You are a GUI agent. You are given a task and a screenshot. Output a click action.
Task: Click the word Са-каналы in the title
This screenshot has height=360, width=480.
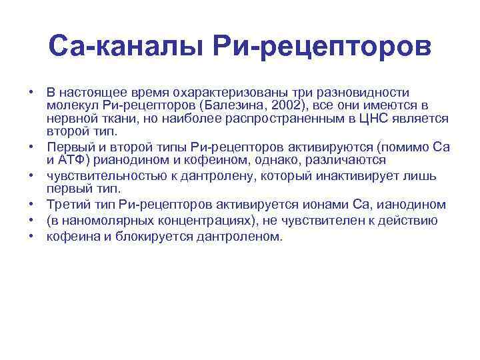coord(127,46)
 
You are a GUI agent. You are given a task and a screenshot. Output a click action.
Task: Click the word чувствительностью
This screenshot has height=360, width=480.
coord(105,175)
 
